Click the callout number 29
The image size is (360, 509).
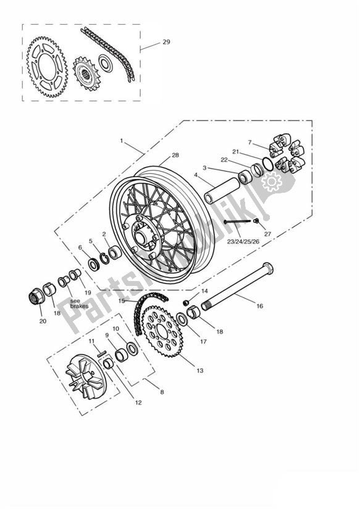[166, 42]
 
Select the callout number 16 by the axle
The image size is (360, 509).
[259, 305]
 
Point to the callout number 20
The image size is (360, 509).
[42, 321]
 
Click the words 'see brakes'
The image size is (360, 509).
[79, 303]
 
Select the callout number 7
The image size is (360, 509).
[249, 142]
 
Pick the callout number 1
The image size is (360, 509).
[122, 141]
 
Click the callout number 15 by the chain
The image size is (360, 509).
[122, 301]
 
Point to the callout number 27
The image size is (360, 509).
[267, 233]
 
